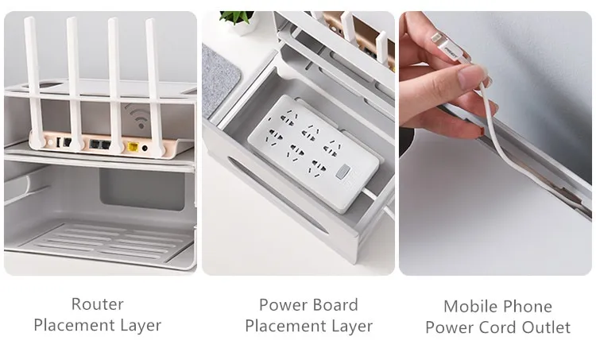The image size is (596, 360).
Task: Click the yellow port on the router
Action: tap(133, 146)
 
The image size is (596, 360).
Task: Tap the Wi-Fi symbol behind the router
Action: tap(137, 115)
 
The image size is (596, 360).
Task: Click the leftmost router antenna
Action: tap(34, 83)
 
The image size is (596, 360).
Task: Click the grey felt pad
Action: tap(219, 79)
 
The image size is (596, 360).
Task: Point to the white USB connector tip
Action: tap(436, 39)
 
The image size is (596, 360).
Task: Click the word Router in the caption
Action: tap(97, 304)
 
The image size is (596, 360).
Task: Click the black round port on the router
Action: tap(145, 149)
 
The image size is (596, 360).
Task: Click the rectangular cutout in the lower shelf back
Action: tap(142, 189)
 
